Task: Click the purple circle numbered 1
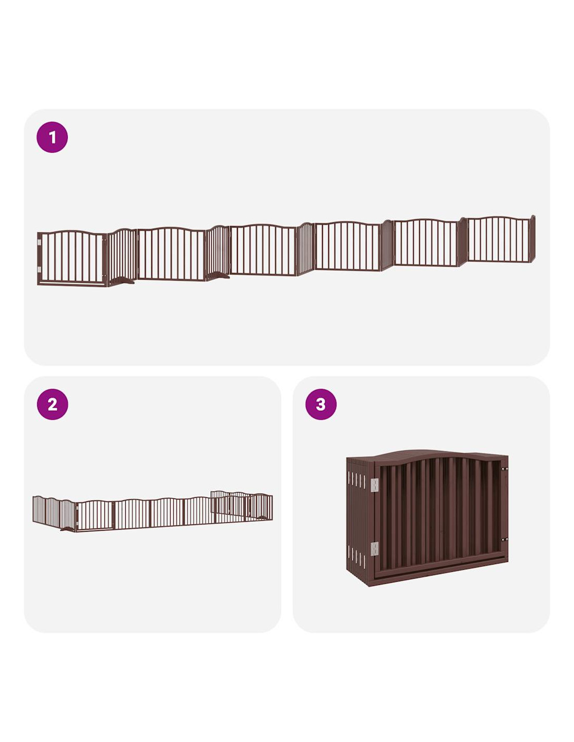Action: point(52,137)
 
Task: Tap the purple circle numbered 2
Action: point(52,404)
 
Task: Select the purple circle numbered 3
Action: point(320,404)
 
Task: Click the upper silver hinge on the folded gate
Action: point(375,485)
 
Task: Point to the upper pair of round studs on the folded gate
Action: point(504,469)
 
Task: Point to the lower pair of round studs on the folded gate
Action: point(504,540)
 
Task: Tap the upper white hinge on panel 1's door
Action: point(39,243)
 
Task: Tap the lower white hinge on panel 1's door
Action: point(39,270)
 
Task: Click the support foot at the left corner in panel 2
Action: point(68,529)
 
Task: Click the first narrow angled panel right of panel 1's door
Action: point(122,256)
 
